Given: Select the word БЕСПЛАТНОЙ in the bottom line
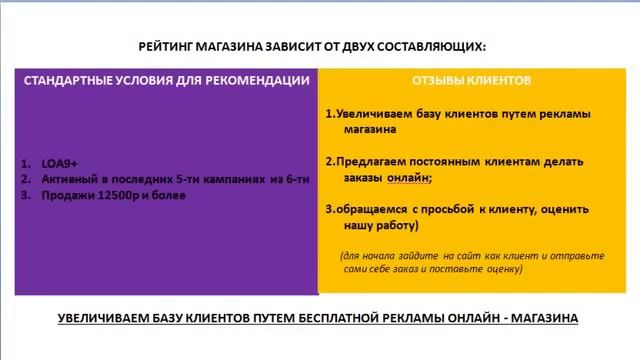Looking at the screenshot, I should coord(339,318).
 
